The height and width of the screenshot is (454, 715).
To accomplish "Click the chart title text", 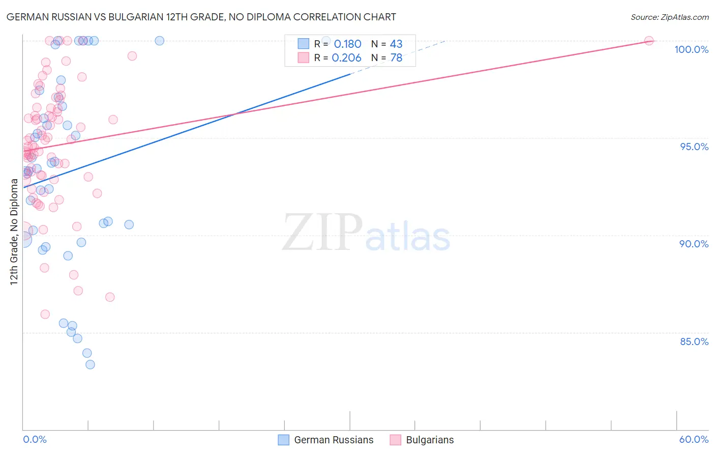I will (x=201, y=17).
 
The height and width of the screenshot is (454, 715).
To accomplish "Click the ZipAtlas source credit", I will (x=669, y=17).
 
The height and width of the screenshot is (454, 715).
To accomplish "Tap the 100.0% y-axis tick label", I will (x=691, y=49).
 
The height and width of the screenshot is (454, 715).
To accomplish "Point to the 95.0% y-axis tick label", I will (x=694, y=147).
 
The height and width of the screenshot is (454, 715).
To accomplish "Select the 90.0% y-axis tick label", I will (x=694, y=244).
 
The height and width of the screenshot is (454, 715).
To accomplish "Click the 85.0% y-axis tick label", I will (x=694, y=342).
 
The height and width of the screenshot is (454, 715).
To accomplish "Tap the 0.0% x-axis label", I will (x=35, y=439).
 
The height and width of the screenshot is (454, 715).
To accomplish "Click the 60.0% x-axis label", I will (x=694, y=439).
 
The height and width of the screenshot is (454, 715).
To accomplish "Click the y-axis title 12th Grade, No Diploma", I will (x=14, y=232).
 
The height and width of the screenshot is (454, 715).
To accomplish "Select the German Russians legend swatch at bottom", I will (x=283, y=440).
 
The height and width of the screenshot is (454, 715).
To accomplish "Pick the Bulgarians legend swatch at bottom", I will (x=395, y=440).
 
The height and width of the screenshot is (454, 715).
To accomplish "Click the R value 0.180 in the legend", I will (x=347, y=44).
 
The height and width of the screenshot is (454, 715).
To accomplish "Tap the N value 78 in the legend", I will (x=396, y=58).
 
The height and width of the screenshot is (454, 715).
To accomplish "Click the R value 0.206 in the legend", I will (x=346, y=58).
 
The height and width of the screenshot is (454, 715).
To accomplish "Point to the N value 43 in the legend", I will (x=396, y=44).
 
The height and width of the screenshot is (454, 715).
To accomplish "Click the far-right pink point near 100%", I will (x=649, y=41).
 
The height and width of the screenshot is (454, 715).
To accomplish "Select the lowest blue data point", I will (x=90, y=364).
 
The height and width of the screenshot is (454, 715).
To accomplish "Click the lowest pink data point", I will (x=45, y=315).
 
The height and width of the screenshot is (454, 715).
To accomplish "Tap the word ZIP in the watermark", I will (x=322, y=233).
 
